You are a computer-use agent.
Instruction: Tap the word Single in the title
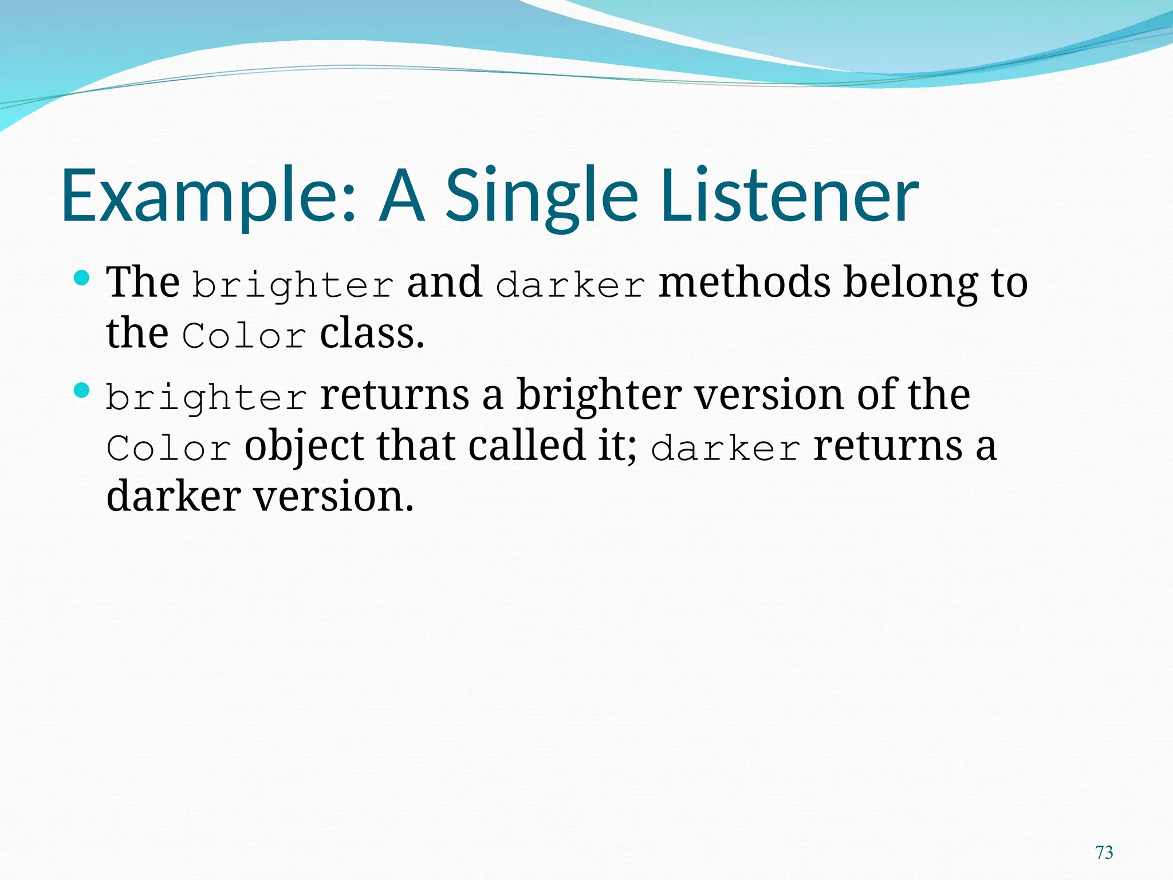click(x=541, y=196)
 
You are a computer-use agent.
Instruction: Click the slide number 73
click(x=1104, y=852)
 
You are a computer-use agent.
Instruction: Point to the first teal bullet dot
click(x=82, y=278)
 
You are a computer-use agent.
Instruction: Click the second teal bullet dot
click(x=82, y=391)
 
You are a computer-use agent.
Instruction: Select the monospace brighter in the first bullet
click(x=293, y=285)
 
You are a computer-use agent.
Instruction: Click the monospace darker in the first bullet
click(x=570, y=285)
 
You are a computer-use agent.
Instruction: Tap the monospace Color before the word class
click(x=245, y=336)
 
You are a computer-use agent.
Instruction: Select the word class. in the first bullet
click(x=372, y=333)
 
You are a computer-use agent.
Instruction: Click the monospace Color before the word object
click(x=169, y=448)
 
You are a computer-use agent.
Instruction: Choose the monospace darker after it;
click(x=726, y=448)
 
